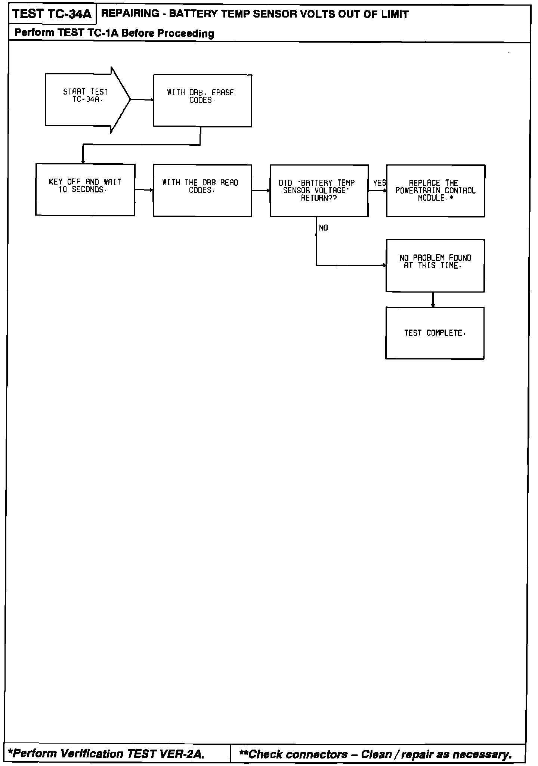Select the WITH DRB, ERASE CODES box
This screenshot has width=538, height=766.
(x=202, y=101)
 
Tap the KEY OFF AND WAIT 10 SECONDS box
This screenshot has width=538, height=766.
(x=85, y=189)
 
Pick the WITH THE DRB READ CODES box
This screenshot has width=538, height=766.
(x=202, y=190)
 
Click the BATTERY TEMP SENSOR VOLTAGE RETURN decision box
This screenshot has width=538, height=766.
(x=319, y=191)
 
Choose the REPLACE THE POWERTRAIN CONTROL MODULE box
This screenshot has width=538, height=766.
(x=436, y=191)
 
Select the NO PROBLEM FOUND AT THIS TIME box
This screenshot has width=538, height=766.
(x=435, y=266)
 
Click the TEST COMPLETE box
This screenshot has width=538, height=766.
(x=435, y=333)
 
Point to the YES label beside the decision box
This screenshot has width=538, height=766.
(x=379, y=183)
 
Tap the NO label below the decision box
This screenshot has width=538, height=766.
(x=324, y=228)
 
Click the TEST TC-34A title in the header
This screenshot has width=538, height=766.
(x=52, y=15)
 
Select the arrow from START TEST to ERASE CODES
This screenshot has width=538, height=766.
(x=142, y=100)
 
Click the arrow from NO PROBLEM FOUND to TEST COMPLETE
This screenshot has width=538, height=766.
(x=433, y=299)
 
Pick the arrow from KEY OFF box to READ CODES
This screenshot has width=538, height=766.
(x=144, y=190)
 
